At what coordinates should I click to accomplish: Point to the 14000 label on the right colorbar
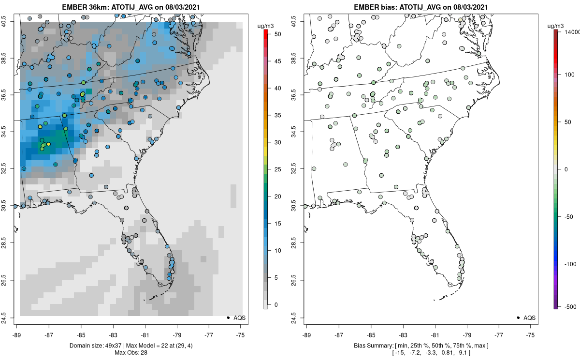coord(572,31)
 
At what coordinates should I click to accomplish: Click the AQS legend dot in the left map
coord(228,318)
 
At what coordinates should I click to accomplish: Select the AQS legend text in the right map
coord(529,318)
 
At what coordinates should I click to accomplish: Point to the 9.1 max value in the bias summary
coord(474,352)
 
